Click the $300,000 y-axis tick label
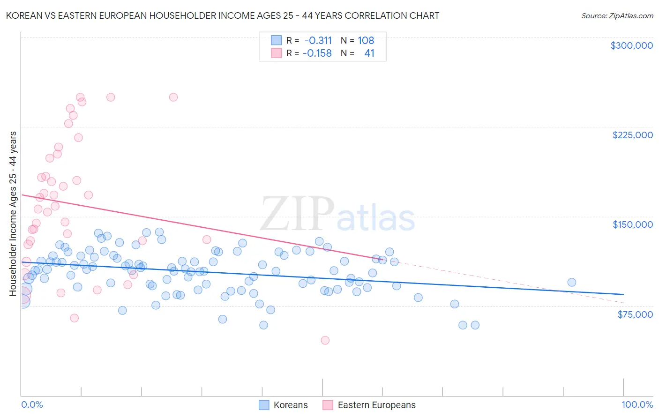click(x=631, y=45)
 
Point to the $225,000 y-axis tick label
click(x=632, y=135)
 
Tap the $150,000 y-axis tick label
click(x=632, y=224)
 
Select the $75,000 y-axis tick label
click(x=635, y=314)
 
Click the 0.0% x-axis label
click(x=32, y=404)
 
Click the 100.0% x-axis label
click(x=637, y=404)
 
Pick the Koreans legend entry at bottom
click(x=284, y=405)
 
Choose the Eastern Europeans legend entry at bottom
click(x=369, y=405)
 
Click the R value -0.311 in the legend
click(x=318, y=40)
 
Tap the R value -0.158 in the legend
click(x=317, y=53)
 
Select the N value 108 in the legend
click(x=366, y=40)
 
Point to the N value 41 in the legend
click(x=369, y=53)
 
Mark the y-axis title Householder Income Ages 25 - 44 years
click(x=13, y=213)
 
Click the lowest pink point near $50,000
click(x=325, y=340)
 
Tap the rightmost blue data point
click(x=571, y=282)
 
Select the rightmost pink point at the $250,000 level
click(x=173, y=97)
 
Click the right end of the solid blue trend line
click(x=623, y=294)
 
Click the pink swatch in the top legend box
click(x=277, y=53)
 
